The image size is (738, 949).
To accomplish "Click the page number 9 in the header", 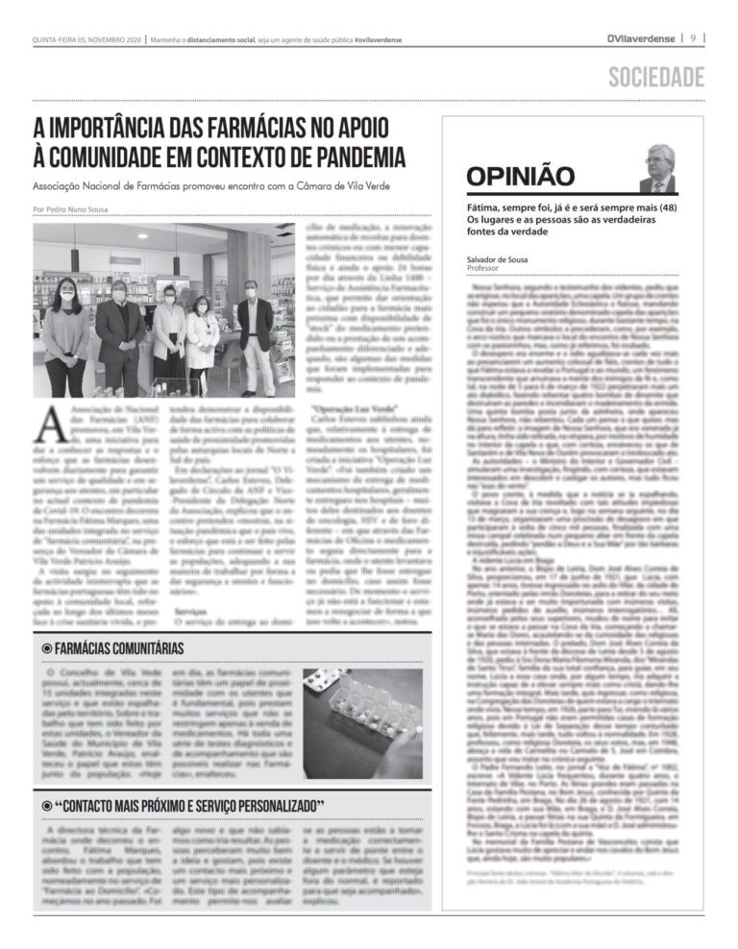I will coord(693,39).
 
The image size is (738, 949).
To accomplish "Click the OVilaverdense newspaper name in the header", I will coord(641,39).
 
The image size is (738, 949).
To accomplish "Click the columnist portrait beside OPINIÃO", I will coord(658,169).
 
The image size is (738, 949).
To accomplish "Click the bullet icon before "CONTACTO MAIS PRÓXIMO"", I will coord(46,804).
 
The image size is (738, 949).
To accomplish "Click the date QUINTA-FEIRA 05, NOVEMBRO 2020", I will coord(85,39).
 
